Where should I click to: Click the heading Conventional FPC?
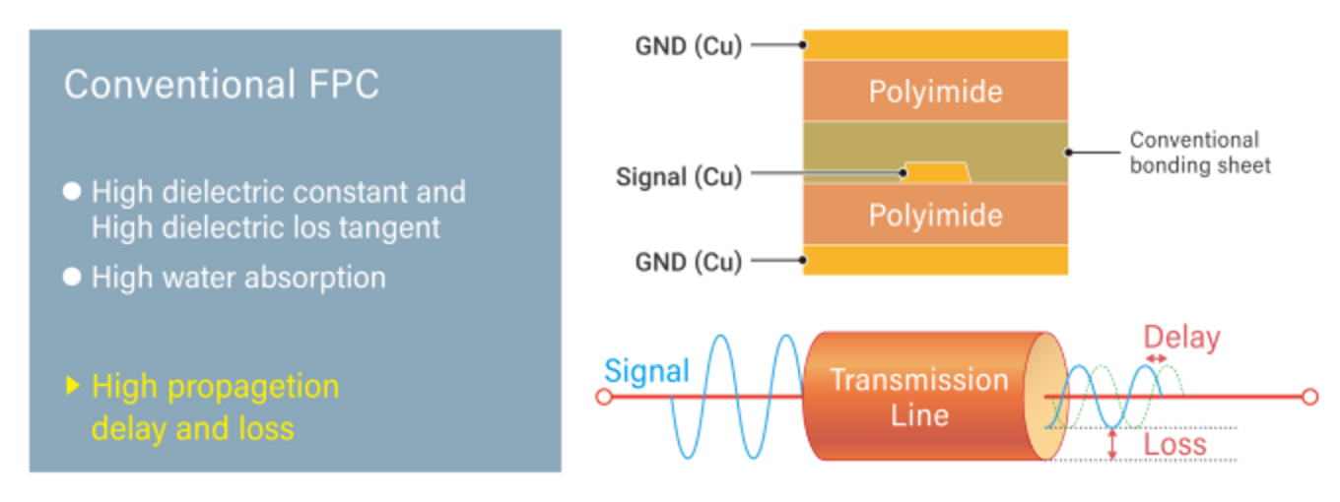pyautogui.click(x=221, y=85)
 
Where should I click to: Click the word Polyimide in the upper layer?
pyautogui.click(x=935, y=92)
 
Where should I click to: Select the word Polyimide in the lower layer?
pyautogui.click(x=935, y=215)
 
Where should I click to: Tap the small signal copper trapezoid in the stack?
pyautogui.click(x=936, y=173)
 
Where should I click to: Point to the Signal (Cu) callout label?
pyautogui.click(x=678, y=177)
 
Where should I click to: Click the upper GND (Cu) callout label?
pyautogui.click(x=688, y=45)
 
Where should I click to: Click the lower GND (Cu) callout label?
pyautogui.click(x=688, y=262)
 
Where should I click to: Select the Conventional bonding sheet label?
pyautogui.click(x=1199, y=153)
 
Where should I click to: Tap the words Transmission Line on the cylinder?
pyautogui.click(x=918, y=396)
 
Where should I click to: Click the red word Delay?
pyautogui.click(x=1181, y=339)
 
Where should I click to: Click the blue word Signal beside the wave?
pyautogui.click(x=646, y=370)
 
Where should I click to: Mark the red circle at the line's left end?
pyautogui.click(x=604, y=397)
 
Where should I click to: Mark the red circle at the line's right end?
pyautogui.click(x=1309, y=397)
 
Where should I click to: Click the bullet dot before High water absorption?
pyautogui.click(x=71, y=278)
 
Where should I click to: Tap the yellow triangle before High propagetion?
pyautogui.click(x=71, y=386)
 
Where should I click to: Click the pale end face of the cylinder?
pyautogui.click(x=1044, y=397)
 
